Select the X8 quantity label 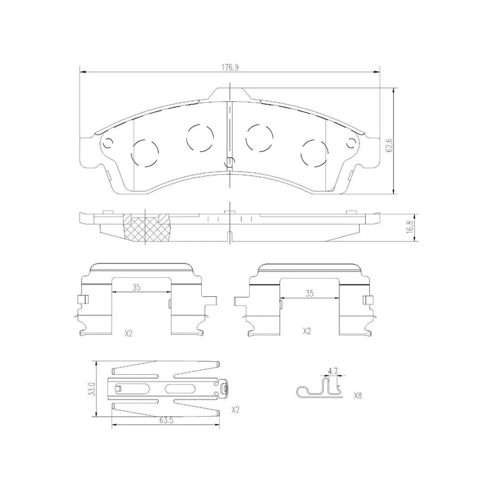358,396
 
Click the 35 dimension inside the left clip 136,288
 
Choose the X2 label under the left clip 128,333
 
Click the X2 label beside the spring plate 236,410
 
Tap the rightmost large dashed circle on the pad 314,153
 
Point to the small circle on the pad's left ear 108,143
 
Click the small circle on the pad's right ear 351,143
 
